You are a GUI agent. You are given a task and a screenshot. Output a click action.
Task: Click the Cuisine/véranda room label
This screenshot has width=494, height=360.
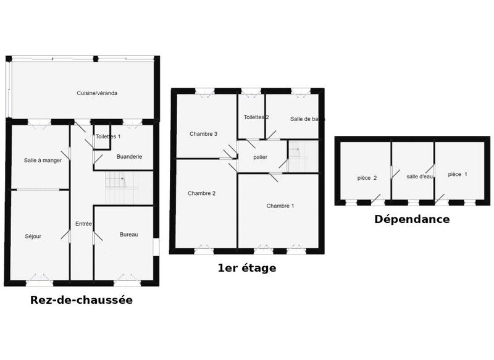point(97,93)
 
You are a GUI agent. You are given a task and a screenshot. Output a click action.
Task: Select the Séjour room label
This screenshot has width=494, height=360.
point(33,236)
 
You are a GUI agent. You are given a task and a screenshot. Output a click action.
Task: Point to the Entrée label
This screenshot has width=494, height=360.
point(83,224)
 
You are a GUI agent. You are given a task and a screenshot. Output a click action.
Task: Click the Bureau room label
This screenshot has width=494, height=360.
point(129,235)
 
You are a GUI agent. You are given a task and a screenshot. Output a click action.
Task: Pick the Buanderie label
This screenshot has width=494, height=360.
point(129,157)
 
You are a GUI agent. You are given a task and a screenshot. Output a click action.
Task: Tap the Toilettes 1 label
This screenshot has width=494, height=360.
point(108,136)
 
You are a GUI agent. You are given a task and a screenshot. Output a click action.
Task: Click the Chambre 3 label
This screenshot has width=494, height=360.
point(203,134)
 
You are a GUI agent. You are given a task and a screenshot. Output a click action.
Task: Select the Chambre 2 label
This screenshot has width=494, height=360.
point(201,193)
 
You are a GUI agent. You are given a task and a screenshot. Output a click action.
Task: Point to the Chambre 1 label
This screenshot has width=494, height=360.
point(280,206)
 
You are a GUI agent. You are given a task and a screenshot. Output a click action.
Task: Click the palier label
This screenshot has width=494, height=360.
point(260,157)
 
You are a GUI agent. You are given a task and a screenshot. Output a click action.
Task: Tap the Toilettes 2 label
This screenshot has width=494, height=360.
point(256,117)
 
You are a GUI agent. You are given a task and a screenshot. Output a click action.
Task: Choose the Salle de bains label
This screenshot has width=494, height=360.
point(308,119)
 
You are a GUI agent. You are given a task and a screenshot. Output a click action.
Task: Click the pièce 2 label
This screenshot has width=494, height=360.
point(367,178)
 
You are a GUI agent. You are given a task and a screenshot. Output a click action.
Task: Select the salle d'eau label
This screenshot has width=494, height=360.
point(420,177)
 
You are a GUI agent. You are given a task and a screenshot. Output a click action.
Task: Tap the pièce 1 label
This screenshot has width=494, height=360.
point(458,174)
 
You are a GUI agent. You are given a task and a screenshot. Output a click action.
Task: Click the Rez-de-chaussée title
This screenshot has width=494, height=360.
point(82,301)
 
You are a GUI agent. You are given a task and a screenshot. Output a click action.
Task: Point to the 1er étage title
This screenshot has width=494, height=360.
point(247,268)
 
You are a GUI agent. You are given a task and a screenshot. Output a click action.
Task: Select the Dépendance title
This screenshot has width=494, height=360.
point(412,219)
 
